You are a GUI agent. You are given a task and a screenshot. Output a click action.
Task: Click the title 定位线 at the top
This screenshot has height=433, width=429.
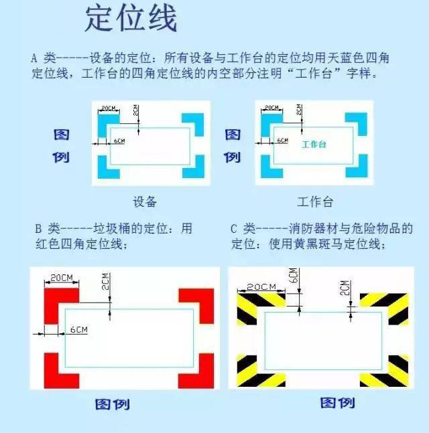(x=131, y=19)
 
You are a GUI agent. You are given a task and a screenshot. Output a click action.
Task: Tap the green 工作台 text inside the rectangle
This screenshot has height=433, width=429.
(x=314, y=144)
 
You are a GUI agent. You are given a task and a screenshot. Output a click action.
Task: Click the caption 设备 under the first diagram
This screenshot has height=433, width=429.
(x=145, y=201)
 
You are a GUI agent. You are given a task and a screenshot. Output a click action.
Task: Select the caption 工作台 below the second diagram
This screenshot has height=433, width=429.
(x=315, y=201)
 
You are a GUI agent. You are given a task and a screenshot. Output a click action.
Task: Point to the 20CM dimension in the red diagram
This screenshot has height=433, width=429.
(x=62, y=278)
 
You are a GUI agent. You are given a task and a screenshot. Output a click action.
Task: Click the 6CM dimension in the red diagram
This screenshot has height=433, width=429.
(x=79, y=329)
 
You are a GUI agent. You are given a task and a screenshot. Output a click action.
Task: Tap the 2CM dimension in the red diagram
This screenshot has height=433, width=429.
(x=105, y=281)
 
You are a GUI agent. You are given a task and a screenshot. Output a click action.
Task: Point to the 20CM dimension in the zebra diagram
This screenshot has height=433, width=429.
(x=261, y=287)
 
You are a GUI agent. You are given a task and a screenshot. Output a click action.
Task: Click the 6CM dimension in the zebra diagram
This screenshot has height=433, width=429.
(x=295, y=276)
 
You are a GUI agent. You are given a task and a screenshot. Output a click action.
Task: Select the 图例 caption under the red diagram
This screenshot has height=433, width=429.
(x=113, y=404)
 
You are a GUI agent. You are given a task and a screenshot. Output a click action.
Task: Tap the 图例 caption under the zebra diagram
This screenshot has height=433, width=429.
(x=337, y=403)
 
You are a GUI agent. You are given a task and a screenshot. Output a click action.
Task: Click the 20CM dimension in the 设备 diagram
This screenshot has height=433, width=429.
(x=109, y=108)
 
